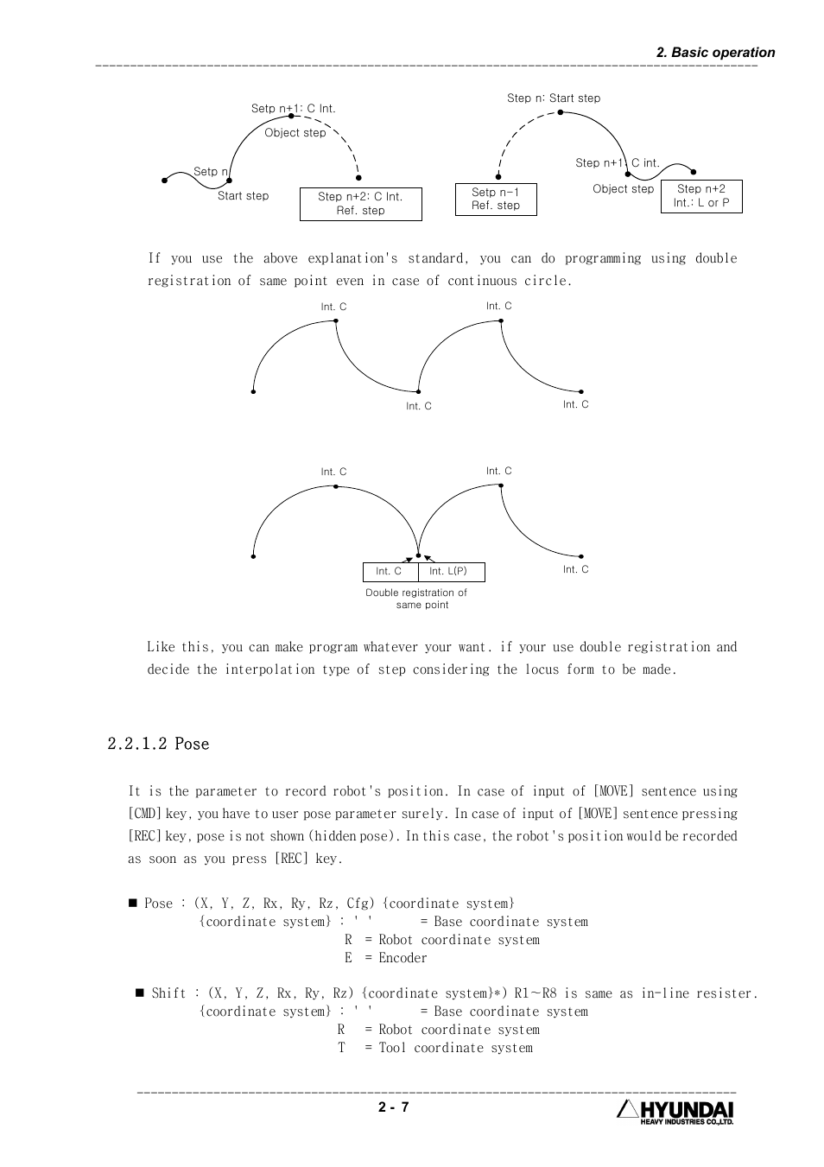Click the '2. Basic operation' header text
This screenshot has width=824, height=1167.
715,53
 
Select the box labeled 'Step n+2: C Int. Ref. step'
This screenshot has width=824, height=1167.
360,204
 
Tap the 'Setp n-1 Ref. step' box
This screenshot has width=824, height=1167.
496,199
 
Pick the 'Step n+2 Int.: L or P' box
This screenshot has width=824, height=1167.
701,196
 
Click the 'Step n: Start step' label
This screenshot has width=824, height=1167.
553,98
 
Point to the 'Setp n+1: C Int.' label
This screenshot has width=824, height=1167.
293,109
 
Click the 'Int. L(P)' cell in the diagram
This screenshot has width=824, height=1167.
448,572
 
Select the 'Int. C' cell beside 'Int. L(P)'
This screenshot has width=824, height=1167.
389,572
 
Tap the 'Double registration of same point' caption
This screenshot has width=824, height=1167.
416,599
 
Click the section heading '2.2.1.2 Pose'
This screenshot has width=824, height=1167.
158,744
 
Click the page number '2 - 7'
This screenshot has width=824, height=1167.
393,1108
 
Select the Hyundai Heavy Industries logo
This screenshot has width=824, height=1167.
675,1113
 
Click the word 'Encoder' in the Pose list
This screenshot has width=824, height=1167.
402,958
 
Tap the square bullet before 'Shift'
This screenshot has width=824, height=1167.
139,993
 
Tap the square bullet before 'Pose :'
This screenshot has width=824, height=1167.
133,903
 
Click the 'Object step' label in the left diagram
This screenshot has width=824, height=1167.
295,133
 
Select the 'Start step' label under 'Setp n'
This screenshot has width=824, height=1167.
243,196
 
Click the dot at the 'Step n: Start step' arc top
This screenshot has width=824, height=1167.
561,112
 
